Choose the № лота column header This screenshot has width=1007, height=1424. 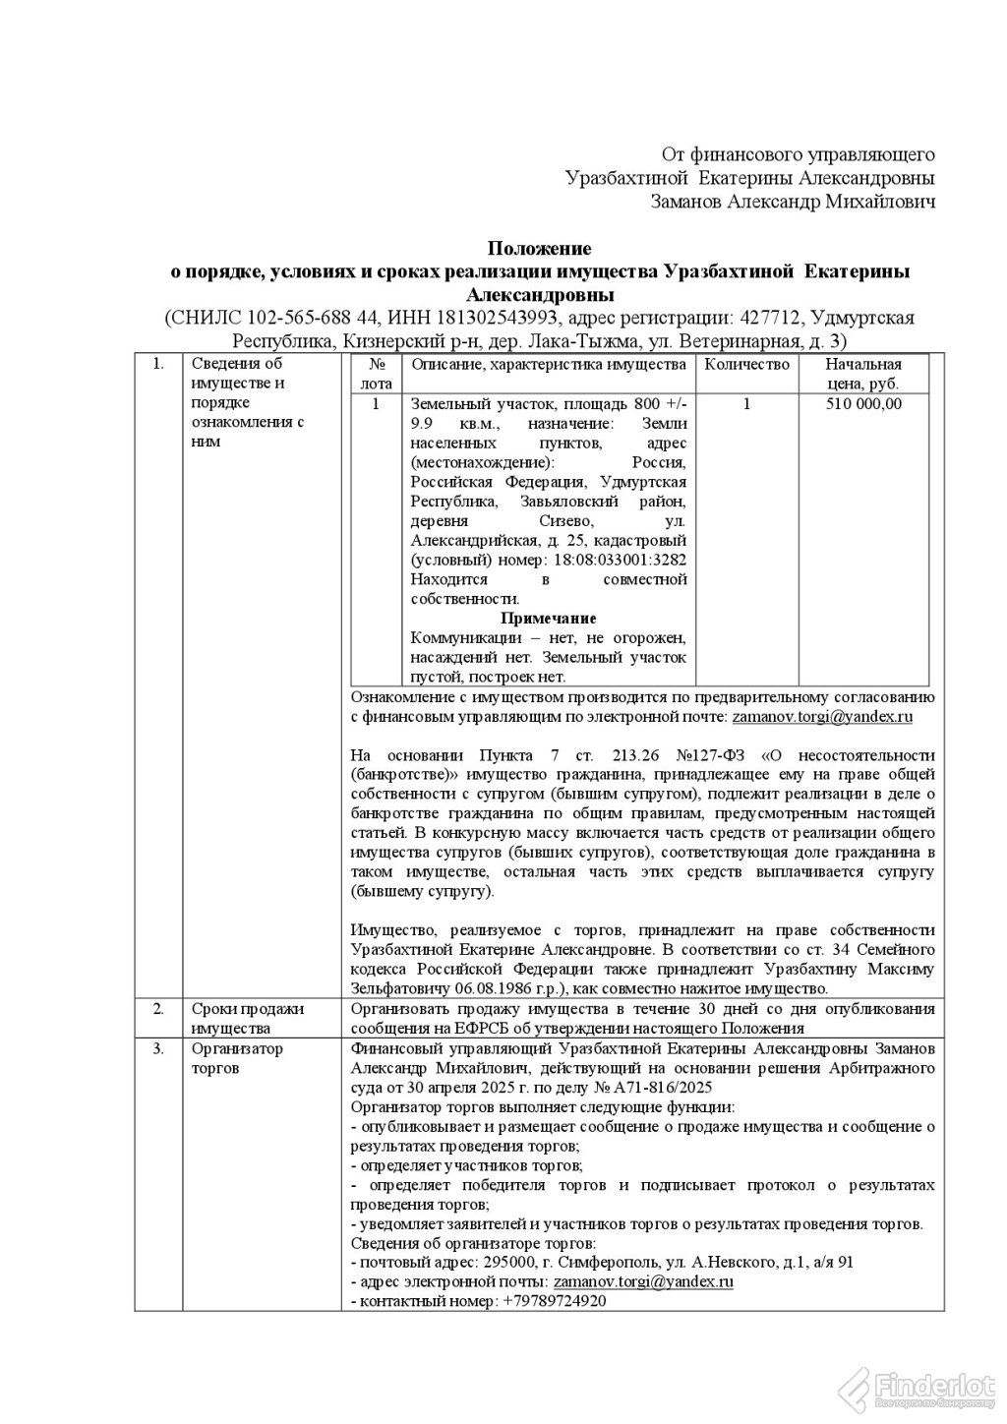[x=376, y=375]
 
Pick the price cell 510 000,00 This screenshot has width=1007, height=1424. [x=863, y=404]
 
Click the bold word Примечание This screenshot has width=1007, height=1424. [x=549, y=619]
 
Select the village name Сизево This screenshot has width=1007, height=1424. [x=565, y=520]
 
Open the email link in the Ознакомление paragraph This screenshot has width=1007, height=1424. [x=820, y=717]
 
